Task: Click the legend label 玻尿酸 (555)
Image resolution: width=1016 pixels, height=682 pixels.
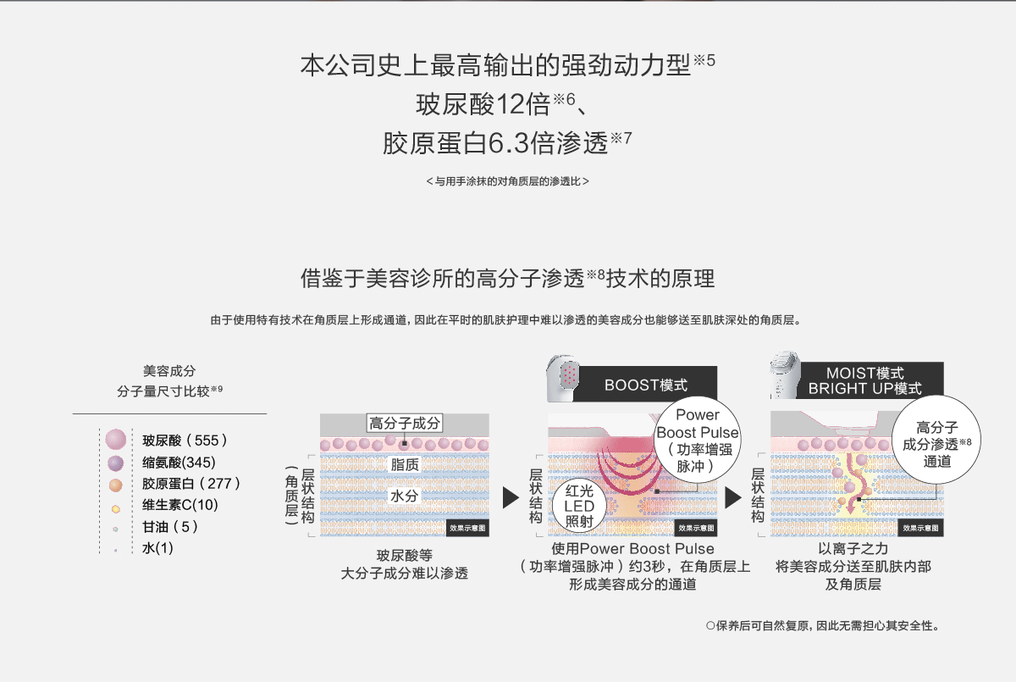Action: point(185,441)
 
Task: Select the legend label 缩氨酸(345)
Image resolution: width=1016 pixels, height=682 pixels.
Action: point(179,463)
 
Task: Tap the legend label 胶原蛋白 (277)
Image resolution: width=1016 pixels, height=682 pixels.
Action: point(191,484)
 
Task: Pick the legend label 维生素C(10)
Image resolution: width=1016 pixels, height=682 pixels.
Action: point(180,506)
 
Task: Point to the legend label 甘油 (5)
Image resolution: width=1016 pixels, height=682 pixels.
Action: point(170,527)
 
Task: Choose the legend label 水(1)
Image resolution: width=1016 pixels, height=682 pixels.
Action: point(157,548)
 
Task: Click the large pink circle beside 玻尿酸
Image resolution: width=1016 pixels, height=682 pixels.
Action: point(116,440)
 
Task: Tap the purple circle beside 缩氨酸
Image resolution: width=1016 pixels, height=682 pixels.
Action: point(116,463)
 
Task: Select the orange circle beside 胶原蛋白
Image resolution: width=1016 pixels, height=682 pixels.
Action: point(116,485)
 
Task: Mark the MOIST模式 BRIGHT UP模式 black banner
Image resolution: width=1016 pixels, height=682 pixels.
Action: point(864,380)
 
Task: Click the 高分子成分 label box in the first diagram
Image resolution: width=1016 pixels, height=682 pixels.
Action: point(404,424)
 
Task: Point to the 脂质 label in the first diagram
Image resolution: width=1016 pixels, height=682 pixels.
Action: point(404,464)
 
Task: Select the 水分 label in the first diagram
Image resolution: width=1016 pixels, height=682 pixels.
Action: point(404,496)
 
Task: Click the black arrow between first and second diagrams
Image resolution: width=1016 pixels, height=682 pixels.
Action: point(510,497)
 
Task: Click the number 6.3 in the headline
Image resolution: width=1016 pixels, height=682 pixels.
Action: point(509,143)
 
